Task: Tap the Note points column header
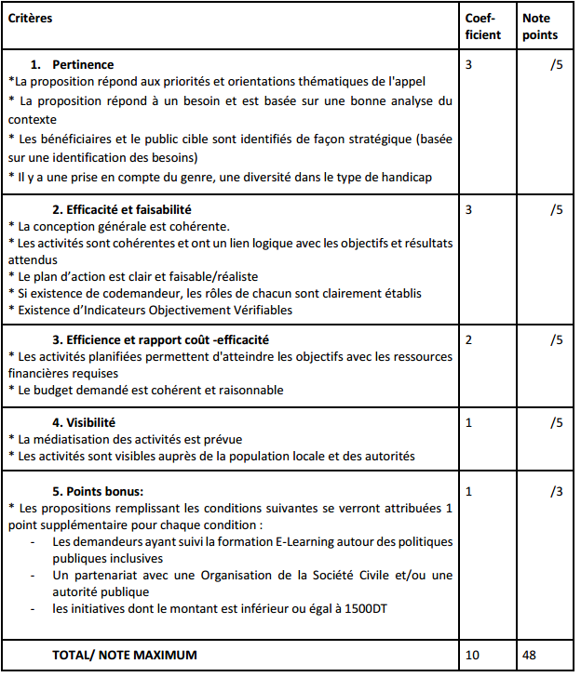click(x=540, y=26)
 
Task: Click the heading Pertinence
click(x=84, y=65)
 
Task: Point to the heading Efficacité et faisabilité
click(x=122, y=209)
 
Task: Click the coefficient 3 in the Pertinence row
click(x=468, y=65)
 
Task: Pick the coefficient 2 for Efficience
click(x=468, y=339)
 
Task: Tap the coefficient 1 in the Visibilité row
click(x=468, y=422)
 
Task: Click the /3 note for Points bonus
click(x=556, y=489)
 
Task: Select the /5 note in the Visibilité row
click(x=556, y=422)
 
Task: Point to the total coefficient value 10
click(x=472, y=655)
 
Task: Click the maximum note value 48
click(x=531, y=655)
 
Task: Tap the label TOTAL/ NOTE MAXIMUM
click(x=125, y=655)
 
